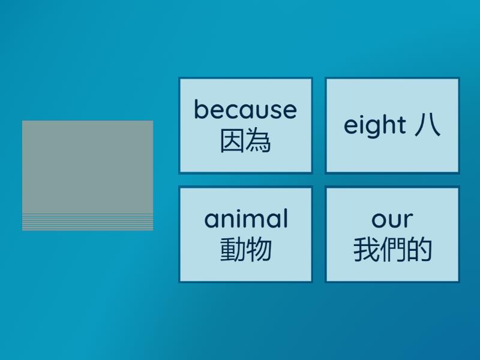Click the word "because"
245,110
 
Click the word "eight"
375,126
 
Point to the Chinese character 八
427,125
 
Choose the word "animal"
246,219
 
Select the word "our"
392,220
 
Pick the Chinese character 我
366,250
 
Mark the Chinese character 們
392,250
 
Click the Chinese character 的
419,250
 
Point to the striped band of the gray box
88,222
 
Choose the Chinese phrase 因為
245,142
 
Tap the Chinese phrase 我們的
392,250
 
